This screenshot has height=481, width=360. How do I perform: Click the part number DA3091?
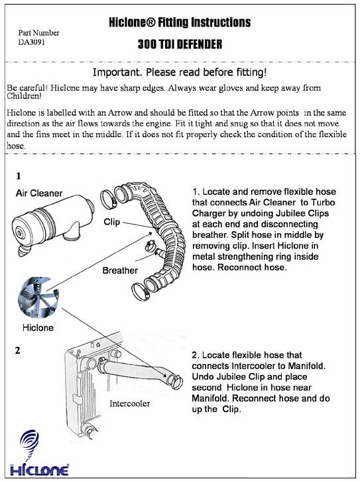(x=32, y=42)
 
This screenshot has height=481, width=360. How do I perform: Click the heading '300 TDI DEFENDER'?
(x=180, y=44)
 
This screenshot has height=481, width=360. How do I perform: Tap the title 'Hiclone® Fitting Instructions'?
(x=180, y=23)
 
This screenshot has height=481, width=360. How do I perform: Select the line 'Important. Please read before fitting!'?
(x=180, y=73)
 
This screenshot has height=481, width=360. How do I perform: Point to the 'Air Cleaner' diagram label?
(x=39, y=193)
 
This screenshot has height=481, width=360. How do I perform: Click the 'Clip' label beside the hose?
(x=112, y=222)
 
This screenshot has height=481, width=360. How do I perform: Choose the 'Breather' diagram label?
(x=120, y=270)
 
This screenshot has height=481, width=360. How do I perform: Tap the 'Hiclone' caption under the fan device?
(x=38, y=327)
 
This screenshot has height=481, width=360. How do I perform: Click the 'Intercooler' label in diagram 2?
(x=129, y=403)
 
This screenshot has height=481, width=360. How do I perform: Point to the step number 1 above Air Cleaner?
(x=19, y=176)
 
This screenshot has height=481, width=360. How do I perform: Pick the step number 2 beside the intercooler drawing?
(x=17, y=350)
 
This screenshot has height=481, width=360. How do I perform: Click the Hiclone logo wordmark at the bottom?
(x=39, y=470)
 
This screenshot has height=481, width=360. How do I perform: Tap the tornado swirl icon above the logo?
(x=29, y=443)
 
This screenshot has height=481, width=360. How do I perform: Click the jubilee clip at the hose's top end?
(x=109, y=199)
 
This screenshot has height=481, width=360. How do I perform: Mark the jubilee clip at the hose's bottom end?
(x=141, y=292)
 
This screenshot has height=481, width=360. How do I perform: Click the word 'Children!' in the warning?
(x=24, y=96)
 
